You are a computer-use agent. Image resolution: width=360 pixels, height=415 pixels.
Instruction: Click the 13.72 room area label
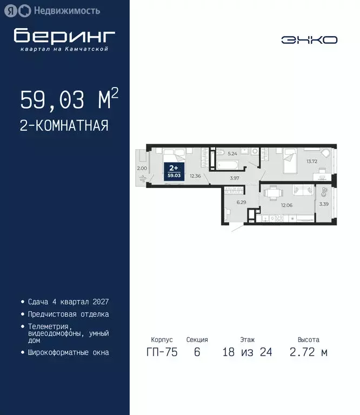click(312, 162)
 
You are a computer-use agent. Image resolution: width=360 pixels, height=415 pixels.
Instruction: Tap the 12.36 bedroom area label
click(196, 176)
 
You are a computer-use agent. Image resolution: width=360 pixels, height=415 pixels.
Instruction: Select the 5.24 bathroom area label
click(232, 153)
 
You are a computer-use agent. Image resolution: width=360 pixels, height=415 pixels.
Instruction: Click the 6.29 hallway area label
click(241, 202)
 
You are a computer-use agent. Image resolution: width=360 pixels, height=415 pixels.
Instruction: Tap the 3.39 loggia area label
click(324, 204)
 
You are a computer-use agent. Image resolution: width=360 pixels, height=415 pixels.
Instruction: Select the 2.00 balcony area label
click(142, 169)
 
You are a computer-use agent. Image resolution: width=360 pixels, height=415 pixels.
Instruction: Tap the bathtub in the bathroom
click(227, 161)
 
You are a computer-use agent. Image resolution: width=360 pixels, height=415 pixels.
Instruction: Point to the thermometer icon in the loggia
click(324, 191)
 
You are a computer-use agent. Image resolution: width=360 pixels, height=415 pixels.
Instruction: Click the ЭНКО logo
click(309, 39)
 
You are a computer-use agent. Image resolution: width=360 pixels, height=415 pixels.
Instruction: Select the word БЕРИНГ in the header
click(64, 36)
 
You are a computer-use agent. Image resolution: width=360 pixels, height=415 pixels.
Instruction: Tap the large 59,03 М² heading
click(69, 100)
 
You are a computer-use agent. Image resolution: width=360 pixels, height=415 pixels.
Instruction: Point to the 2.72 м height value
click(308, 352)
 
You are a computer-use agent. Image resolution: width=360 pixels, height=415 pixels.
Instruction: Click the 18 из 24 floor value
click(247, 352)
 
